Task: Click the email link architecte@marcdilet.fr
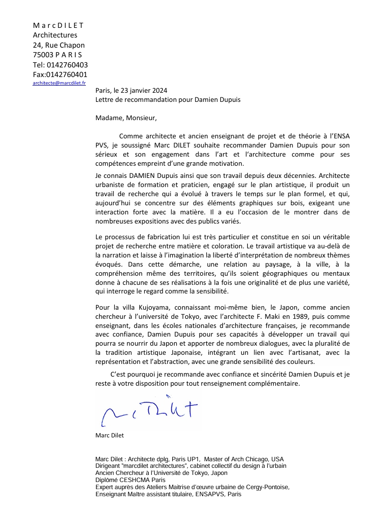coord(59,83)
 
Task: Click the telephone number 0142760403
coord(67,64)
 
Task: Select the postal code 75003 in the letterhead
coord(43,55)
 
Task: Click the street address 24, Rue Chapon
coord(58,45)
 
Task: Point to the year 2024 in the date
coord(158,90)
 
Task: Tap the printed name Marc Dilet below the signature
coord(109,435)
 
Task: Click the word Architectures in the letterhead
coord(55,35)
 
